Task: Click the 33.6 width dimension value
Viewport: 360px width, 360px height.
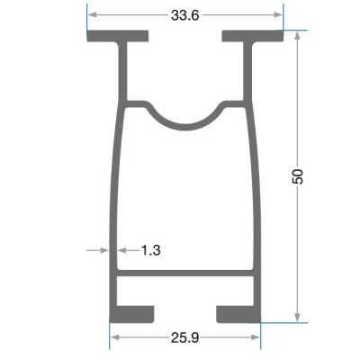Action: tap(184, 15)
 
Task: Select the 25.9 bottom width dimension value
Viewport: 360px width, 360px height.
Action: tap(184, 337)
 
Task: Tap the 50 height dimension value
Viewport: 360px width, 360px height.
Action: tap(298, 176)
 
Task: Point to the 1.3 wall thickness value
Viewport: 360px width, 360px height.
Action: tap(150, 250)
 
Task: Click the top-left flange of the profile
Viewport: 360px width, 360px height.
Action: tap(118, 36)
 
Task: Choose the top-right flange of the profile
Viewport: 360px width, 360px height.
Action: tap(253, 36)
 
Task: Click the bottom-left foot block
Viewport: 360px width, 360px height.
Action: tap(132, 314)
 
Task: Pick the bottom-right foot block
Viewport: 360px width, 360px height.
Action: tap(238, 314)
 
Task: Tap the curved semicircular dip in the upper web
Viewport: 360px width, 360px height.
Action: tap(185, 127)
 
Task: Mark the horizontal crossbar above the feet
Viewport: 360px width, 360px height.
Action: tap(185, 273)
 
